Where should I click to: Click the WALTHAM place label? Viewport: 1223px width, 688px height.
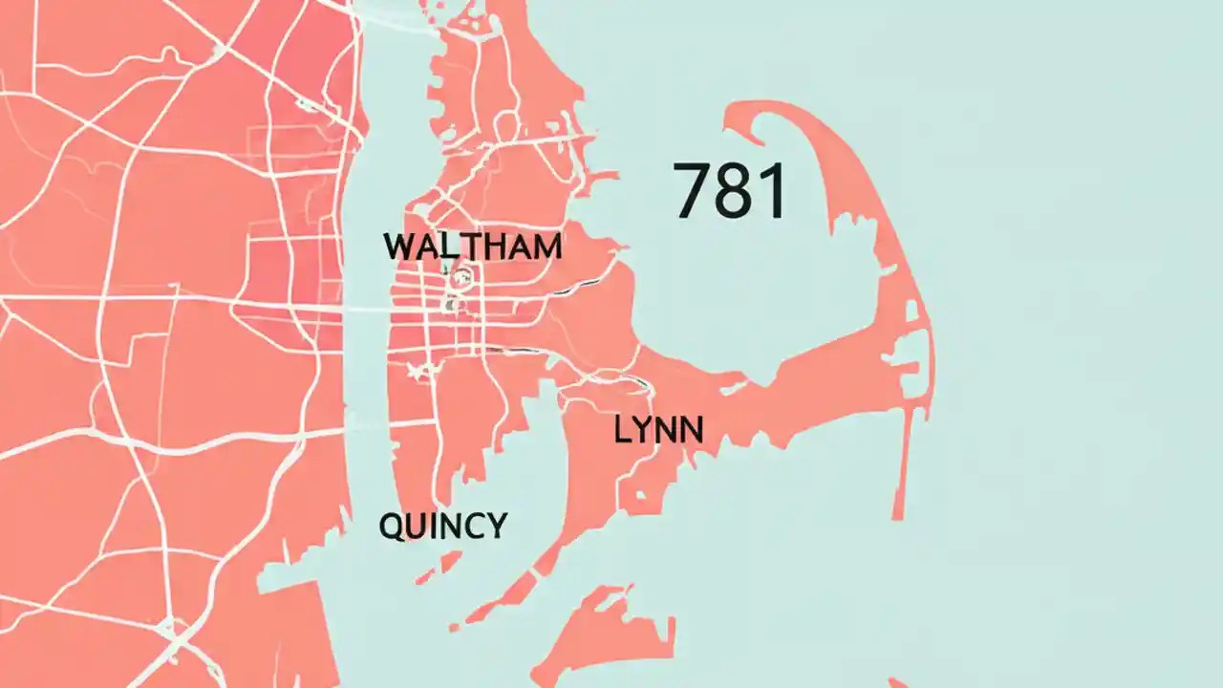pyautogui.click(x=472, y=247)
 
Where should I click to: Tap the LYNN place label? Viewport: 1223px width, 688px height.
pyautogui.click(x=658, y=430)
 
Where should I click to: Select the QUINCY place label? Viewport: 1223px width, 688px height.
pyautogui.click(x=443, y=526)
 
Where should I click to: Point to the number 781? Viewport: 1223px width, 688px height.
pyautogui.click(x=730, y=191)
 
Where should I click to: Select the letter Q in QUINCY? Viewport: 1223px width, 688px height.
pyautogui.click(x=392, y=527)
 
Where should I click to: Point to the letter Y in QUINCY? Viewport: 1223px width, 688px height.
pyautogui.click(x=495, y=526)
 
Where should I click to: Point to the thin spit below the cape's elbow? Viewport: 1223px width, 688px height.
pyautogui.click(x=899, y=478)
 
